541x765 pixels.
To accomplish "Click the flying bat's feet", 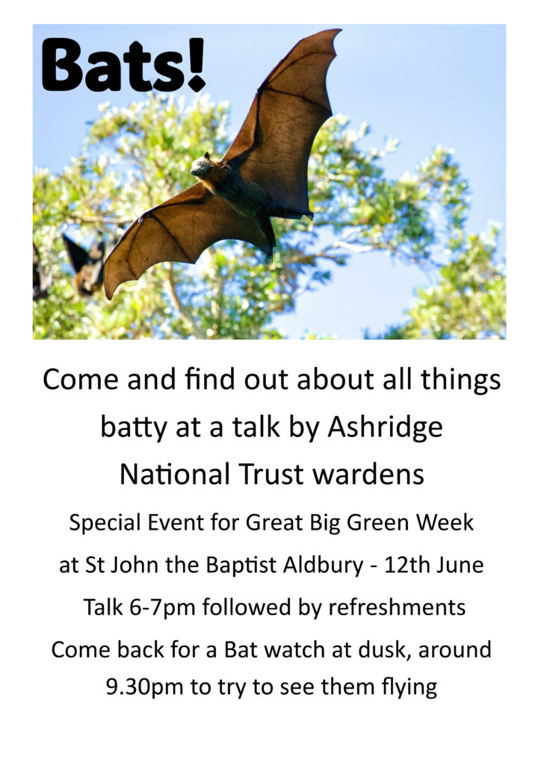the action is point(307,215).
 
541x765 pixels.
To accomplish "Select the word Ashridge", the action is point(385,428).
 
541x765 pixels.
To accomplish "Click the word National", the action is point(175,474).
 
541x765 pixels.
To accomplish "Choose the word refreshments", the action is point(397,607).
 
